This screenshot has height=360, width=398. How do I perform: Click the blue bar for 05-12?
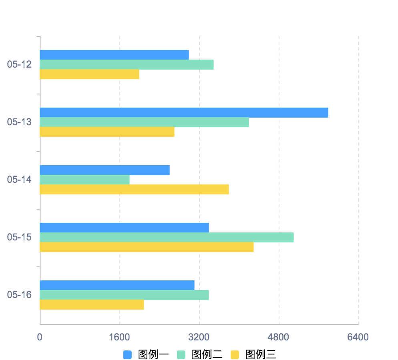(114, 55)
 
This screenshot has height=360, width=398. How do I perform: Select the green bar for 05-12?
(127, 65)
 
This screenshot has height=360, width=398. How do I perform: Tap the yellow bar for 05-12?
(89, 74)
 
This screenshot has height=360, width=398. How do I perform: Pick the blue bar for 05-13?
(184, 112)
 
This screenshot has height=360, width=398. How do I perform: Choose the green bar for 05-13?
(144, 122)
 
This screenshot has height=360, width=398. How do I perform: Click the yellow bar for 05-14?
(134, 190)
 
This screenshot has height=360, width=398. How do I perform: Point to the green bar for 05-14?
(84, 180)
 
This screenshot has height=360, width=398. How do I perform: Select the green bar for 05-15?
(167, 237)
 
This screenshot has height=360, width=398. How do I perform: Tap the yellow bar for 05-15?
(147, 247)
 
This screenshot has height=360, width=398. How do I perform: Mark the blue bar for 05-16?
(117, 285)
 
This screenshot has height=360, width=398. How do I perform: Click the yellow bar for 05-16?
(92, 305)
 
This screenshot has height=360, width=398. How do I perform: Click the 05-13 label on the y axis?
(19, 122)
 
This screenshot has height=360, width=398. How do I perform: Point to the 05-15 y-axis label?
(19, 237)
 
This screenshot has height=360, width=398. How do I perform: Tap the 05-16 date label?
(19, 295)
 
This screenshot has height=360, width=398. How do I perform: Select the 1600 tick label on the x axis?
(119, 337)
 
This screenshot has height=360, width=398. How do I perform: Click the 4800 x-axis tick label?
(278, 337)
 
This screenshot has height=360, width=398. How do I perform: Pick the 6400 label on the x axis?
(358, 337)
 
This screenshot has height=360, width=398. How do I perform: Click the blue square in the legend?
(127, 355)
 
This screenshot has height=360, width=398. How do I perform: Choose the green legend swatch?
(181, 355)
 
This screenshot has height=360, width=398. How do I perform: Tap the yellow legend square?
(235, 355)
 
